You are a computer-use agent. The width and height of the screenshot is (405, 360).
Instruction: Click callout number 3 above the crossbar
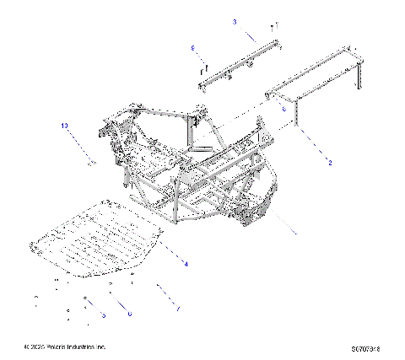coord(235,20)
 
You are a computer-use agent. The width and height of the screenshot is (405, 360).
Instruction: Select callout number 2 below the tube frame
coord(330,162)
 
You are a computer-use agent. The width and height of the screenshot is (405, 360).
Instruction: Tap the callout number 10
coord(63,126)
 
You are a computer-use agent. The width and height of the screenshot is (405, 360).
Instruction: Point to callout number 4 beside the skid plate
coord(186,264)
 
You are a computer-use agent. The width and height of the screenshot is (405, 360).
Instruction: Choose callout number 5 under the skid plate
coord(103,314)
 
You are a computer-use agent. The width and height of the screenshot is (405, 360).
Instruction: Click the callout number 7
coord(178,309)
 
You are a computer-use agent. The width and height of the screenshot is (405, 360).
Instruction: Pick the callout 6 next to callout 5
coord(129,314)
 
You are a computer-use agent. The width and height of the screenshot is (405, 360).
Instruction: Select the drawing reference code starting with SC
coord(371,347)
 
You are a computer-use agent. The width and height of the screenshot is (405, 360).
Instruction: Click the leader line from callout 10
coord(78,143)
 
